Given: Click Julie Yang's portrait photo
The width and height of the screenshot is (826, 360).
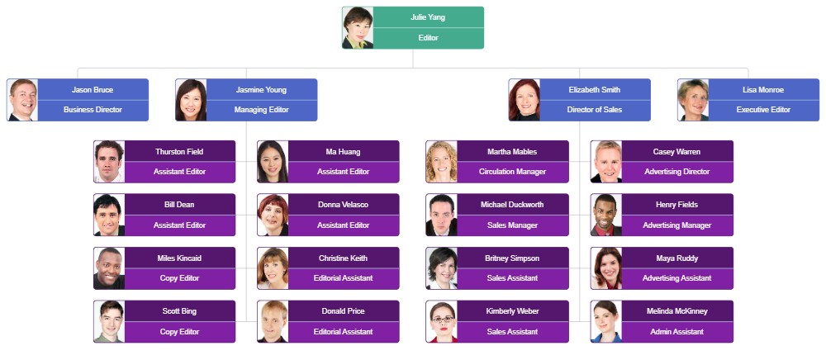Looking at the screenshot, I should point(358,28).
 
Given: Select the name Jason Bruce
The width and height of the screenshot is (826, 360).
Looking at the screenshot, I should point(93,90).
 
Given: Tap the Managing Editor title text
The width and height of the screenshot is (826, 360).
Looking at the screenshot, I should point(262,110).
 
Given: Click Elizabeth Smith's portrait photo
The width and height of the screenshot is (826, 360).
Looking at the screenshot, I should point(524,100).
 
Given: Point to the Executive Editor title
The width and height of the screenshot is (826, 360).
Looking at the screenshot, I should point(763,110).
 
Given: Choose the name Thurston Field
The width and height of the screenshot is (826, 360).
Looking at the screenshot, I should point(180,152).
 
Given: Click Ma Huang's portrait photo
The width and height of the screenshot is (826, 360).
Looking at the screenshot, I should point(273,162).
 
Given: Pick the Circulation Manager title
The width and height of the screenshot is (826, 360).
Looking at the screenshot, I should point(512,172).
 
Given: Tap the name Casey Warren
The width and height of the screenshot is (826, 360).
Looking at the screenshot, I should point(676,152).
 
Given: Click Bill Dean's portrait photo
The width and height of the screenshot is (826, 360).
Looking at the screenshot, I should point(109,215).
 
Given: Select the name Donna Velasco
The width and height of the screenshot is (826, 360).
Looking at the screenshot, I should point(343,205).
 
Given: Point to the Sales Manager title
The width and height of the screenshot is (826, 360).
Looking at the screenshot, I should point(512,225).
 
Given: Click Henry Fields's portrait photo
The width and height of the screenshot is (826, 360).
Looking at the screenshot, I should point(606,215).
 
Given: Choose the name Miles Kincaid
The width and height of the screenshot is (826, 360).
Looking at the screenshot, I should point(179,258).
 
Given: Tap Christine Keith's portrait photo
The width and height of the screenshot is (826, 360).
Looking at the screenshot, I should point(273,268).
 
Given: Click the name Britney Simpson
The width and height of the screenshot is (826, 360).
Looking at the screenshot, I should point(512,258).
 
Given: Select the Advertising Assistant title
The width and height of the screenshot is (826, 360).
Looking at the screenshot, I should point(676,278).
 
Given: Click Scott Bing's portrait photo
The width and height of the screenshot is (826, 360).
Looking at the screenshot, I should point(109,321).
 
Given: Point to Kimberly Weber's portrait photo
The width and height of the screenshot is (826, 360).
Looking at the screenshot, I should point(442,321).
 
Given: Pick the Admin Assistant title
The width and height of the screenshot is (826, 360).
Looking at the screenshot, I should point(676,332).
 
